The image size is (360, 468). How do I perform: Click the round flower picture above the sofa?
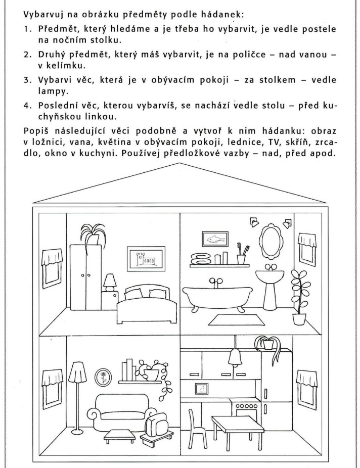pyautogui.click(x=105, y=376)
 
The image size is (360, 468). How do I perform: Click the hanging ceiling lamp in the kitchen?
pyautogui.click(x=235, y=359)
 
